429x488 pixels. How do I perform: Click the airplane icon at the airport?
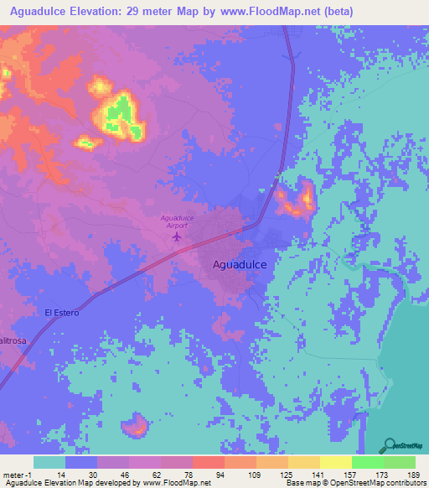176,236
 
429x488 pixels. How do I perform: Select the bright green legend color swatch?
367,462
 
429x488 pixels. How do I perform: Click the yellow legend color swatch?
335,462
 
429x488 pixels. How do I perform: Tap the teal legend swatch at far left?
49,462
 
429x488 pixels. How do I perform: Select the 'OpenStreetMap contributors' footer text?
378,483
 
